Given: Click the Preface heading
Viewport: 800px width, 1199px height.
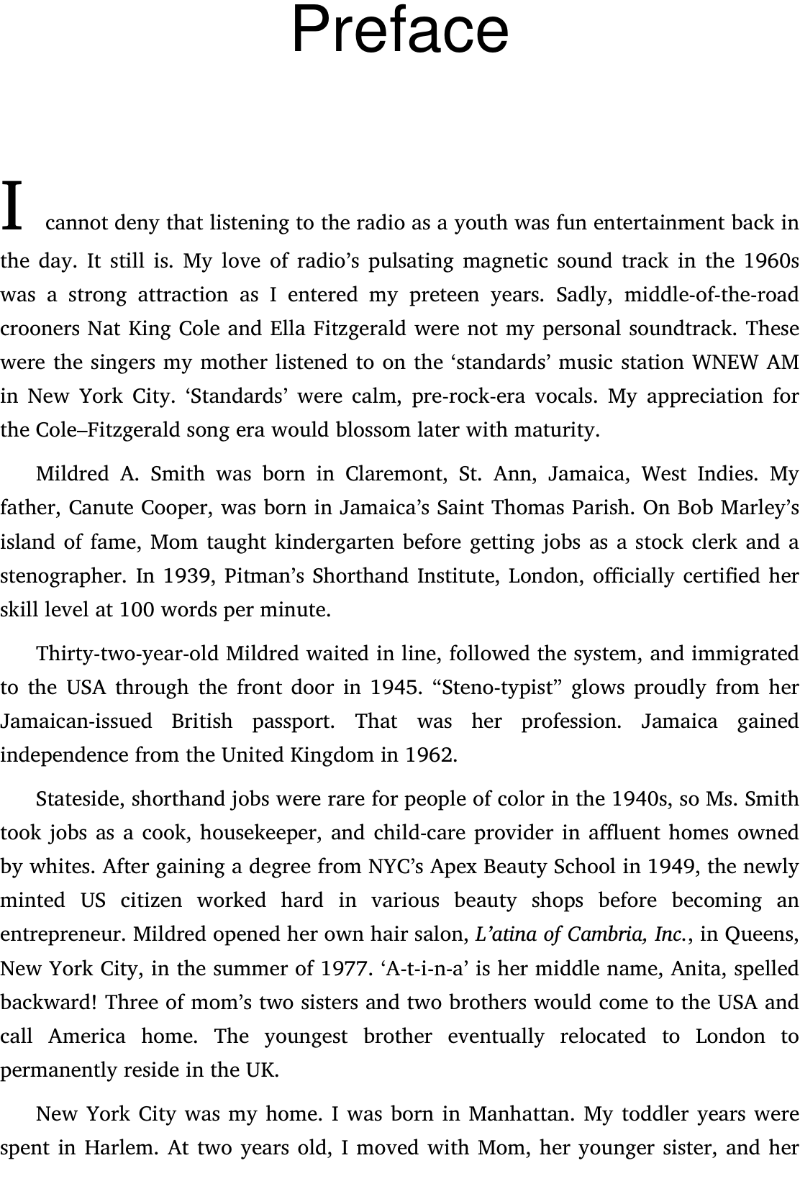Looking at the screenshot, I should [400, 30].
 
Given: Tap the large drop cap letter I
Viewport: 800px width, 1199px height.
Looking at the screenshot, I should [12, 206].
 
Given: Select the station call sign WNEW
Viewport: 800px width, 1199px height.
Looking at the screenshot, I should [725, 363].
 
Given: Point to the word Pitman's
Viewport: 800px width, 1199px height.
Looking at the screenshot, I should [259, 576].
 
